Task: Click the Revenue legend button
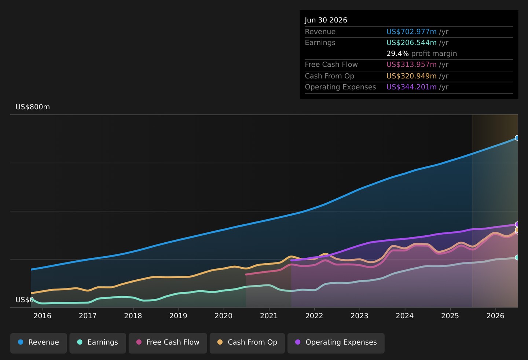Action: click(38, 343)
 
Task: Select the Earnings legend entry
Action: click(98, 343)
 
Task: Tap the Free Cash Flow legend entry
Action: click(168, 343)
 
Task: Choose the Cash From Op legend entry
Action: click(247, 343)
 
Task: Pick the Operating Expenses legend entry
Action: click(336, 343)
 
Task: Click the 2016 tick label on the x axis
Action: click(43, 316)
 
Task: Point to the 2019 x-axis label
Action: click(179, 316)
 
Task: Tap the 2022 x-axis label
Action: click(314, 316)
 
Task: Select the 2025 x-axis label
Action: click(450, 316)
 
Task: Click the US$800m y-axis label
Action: click(33, 107)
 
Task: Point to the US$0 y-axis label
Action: click(25, 300)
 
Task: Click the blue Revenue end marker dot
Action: click(517, 138)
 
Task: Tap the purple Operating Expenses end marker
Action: click(517, 224)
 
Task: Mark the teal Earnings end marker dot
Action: click(517, 257)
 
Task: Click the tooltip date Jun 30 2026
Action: click(326, 20)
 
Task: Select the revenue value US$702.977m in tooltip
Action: click(411, 32)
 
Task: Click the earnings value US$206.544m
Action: click(411, 43)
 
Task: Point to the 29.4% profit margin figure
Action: click(397, 54)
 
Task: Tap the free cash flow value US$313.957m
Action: click(411, 65)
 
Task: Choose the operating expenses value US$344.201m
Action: click(411, 87)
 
